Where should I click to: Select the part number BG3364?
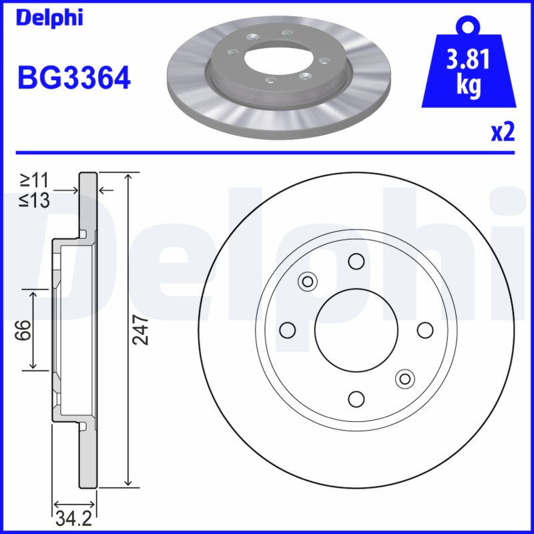click(73, 79)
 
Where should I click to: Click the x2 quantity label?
click(502, 133)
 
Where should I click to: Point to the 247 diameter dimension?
click(140, 329)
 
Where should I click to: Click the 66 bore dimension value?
click(23, 329)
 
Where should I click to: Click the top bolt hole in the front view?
click(356, 261)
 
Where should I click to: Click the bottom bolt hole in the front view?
click(356, 398)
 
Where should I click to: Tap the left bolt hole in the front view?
click(288, 330)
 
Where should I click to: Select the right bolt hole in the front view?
click(425, 330)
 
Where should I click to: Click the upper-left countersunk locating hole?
click(308, 281)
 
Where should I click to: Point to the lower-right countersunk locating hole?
click(404, 378)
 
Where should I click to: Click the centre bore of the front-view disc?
click(356, 330)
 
